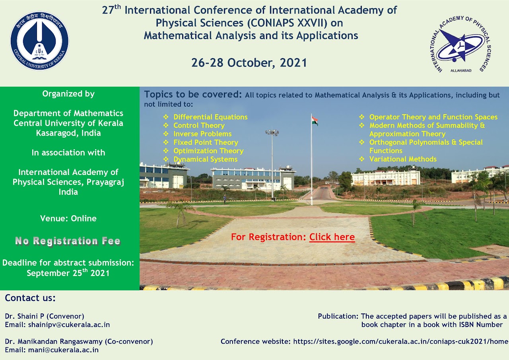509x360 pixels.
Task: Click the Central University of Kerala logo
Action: click(x=40, y=41)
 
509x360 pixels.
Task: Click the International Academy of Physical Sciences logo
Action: click(x=460, y=44)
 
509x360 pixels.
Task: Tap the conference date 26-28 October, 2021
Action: click(x=249, y=63)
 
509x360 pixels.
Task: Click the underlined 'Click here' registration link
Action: click(x=332, y=237)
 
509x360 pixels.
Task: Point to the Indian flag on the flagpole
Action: click(x=315, y=121)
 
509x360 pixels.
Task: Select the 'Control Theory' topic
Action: click(x=199, y=125)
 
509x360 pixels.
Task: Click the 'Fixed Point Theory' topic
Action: click(x=206, y=142)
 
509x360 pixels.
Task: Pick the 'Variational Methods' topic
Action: click(x=403, y=159)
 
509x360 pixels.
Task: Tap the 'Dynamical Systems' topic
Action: click(x=206, y=160)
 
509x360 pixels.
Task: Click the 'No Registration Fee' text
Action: click(x=68, y=241)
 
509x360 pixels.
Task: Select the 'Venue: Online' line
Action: click(x=68, y=218)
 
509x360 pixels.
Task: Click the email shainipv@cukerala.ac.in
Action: click(x=69, y=325)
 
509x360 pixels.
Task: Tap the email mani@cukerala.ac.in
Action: click(x=63, y=350)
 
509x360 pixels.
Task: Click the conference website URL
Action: click(x=400, y=342)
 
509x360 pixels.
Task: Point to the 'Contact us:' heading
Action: click(x=30, y=298)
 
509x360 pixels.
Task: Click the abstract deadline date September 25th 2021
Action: click(x=68, y=273)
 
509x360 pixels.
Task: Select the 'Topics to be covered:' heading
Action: click(x=193, y=94)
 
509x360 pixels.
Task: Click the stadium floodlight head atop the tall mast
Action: click(x=272, y=132)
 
